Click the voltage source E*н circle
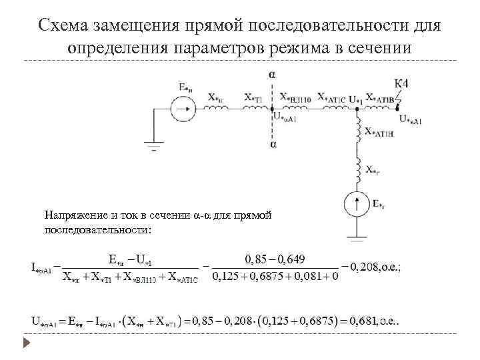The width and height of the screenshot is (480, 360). [181, 107]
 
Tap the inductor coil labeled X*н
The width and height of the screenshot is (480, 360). [217, 107]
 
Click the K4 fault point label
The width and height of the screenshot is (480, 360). [401, 84]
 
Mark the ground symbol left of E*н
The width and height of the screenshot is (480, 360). [155, 144]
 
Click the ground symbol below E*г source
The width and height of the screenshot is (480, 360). [358, 234]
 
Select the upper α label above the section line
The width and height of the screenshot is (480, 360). [271, 75]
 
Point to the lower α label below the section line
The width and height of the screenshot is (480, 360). [271, 144]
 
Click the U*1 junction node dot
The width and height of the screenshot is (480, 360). [358, 107]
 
